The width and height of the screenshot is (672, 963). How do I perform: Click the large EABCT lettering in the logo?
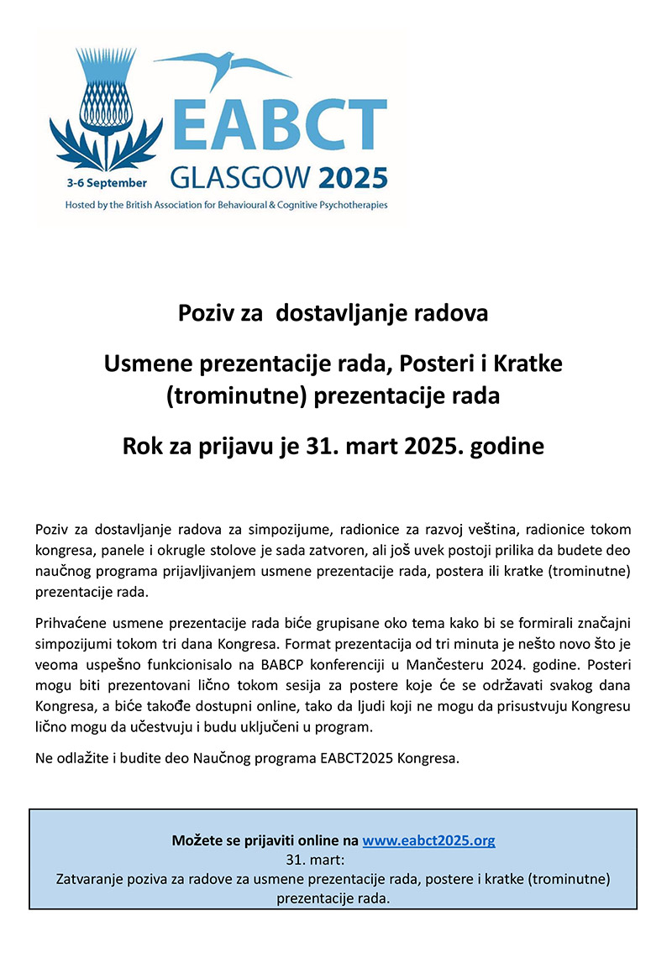point(277,125)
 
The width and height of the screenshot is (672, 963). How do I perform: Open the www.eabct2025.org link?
point(428,840)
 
